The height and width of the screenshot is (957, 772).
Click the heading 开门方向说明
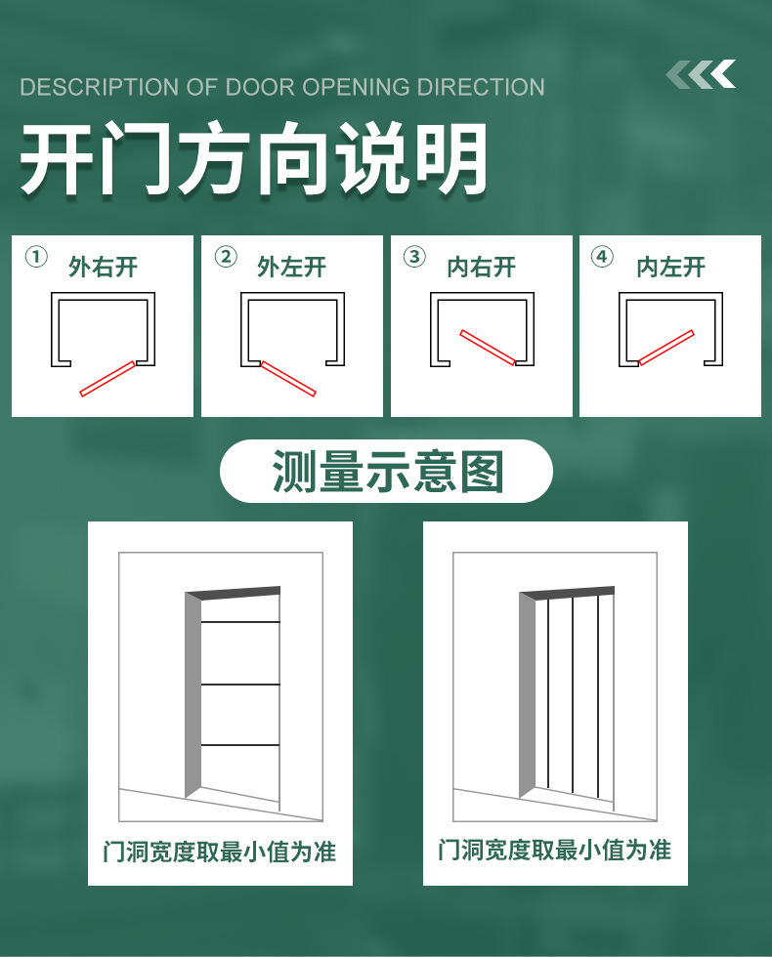pyautogui.click(x=253, y=158)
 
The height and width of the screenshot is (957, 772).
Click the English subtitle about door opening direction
pyautogui.click(x=282, y=87)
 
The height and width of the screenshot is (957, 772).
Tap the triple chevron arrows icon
pyautogui.click(x=701, y=74)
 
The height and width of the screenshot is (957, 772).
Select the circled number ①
pyautogui.click(x=36, y=257)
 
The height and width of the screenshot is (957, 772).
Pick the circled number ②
pyautogui.click(x=226, y=257)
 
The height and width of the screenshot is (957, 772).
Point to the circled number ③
pyautogui.click(x=414, y=257)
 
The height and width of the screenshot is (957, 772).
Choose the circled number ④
pyautogui.click(x=602, y=257)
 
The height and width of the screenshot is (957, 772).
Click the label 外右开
pyautogui.click(x=104, y=268)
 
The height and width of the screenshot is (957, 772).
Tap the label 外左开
pyautogui.click(x=292, y=268)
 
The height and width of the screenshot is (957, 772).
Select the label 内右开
pyautogui.click(x=481, y=268)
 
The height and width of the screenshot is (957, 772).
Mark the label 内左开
pyautogui.click(x=670, y=268)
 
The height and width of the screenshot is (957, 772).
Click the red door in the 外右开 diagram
pyautogui.click(x=107, y=379)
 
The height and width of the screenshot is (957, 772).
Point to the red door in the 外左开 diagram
pyautogui.click(x=288, y=379)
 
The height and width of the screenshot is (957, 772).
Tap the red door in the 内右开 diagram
pyautogui.click(x=488, y=348)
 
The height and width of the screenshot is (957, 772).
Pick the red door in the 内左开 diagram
pyautogui.click(x=666, y=348)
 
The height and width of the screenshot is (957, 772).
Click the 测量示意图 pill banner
pyautogui.click(x=386, y=471)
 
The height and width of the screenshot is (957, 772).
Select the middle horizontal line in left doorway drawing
pyautogui.click(x=240, y=685)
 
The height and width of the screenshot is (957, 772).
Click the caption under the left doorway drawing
pyautogui.click(x=220, y=852)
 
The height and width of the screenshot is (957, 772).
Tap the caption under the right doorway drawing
pyautogui.click(x=555, y=850)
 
